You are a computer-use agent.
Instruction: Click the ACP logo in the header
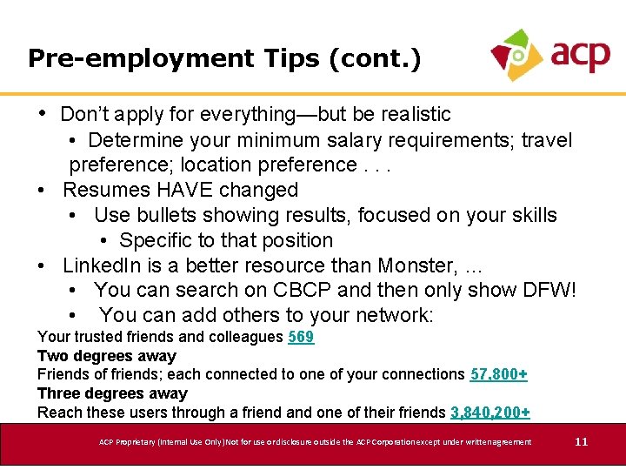(x=549, y=54)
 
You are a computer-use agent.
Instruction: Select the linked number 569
(x=301, y=337)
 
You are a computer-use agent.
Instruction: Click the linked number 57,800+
(x=499, y=374)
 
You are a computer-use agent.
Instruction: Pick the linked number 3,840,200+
(x=490, y=413)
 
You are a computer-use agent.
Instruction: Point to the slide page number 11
(x=582, y=442)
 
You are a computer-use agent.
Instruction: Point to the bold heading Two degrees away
(x=106, y=356)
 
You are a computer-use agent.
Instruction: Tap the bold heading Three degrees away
(x=112, y=393)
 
